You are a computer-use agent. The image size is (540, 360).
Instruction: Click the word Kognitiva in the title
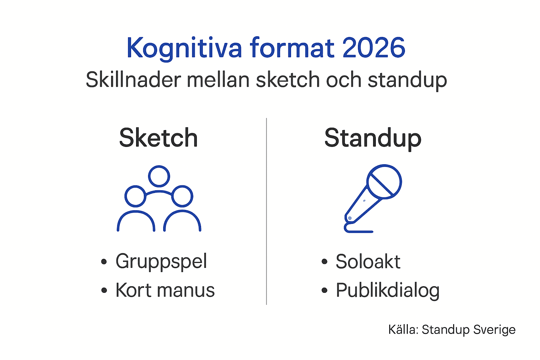(184, 48)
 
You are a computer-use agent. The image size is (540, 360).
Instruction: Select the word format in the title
(292, 48)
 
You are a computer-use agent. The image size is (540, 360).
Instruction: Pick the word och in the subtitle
(343, 80)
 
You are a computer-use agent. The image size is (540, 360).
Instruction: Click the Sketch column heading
(159, 138)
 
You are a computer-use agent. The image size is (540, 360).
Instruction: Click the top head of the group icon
(159, 176)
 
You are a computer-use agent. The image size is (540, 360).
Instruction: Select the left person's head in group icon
(135, 196)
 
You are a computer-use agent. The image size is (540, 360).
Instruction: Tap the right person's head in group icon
(182, 196)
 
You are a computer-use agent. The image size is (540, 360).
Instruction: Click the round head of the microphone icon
(384, 182)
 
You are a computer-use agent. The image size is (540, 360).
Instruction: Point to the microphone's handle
(362, 206)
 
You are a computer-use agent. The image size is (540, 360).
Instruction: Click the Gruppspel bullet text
(161, 262)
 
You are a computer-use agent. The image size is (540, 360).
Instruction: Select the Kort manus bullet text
(165, 290)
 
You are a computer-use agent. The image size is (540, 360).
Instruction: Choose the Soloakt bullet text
(368, 262)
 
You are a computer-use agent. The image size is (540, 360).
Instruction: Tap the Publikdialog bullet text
(387, 291)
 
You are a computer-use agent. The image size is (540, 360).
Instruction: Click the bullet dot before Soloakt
(324, 262)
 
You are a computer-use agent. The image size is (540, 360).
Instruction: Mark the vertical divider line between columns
(266, 211)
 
